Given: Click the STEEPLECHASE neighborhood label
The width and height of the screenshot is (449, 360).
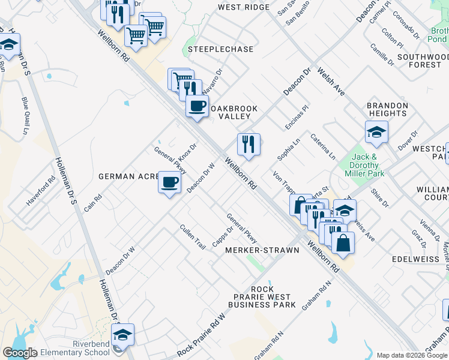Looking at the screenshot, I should click(220, 49).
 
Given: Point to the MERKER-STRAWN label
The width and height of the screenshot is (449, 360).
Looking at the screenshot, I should click(262, 250).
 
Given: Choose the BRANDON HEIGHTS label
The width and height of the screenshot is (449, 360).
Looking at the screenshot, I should click(388, 109).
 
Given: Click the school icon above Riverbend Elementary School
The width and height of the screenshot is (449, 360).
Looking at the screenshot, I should click(122, 334).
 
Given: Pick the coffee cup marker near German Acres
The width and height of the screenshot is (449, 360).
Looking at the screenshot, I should click(170, 181).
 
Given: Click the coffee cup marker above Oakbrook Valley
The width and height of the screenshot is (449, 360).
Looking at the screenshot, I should click(196, 107).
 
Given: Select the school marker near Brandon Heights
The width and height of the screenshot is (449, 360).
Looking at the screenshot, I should click(376, 132).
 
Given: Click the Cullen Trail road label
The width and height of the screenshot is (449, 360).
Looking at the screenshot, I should click(192, 237).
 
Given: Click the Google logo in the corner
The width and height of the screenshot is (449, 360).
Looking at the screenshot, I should click(20, 353).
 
